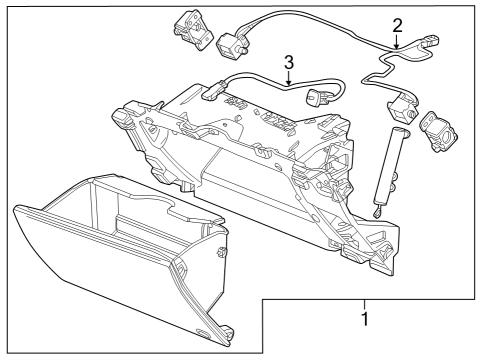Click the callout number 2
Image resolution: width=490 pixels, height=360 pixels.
click(397, 25)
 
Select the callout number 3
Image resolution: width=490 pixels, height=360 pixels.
click(289, 62)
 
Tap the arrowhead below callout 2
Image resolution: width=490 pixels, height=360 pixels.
click(397, 46)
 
